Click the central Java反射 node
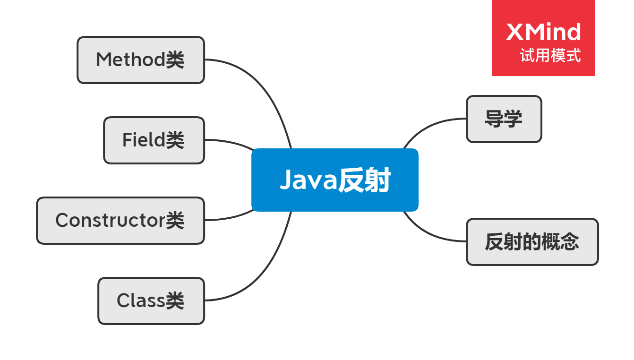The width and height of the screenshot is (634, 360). coord(334,180)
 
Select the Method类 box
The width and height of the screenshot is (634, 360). coord(141,60)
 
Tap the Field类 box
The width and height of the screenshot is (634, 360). coord(154,140)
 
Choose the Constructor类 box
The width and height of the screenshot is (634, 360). coord(120,221)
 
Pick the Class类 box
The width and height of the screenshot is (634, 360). coord(151,301)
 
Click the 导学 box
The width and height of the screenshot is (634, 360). coord(504,119)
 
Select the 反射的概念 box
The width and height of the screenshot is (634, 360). coord(532,242)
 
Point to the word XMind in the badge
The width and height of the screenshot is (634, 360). coord(543,32)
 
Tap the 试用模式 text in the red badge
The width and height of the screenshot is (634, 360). coord(550,56)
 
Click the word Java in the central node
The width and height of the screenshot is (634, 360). coord(307,180)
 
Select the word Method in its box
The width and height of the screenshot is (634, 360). coord(130,60)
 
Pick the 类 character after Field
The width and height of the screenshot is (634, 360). coord(175,140)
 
